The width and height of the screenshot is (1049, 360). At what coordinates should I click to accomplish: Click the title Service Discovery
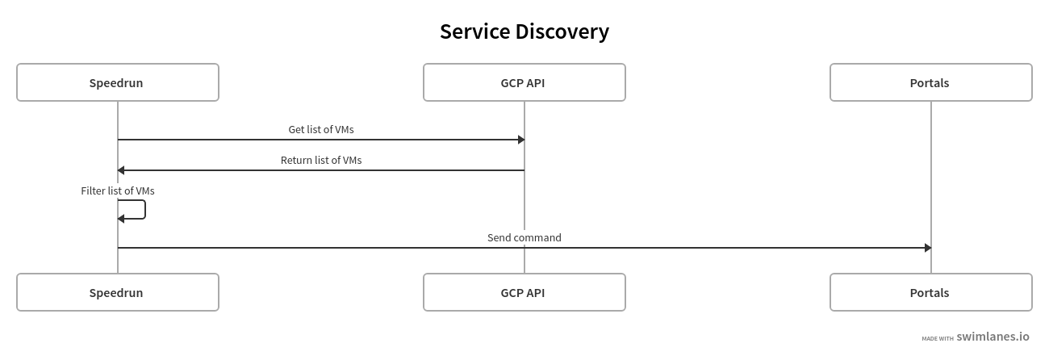tap(524, 31)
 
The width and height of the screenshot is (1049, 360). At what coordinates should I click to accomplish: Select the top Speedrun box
tap(118, 82)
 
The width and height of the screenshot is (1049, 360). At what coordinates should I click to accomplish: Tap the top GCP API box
tap(524, 82)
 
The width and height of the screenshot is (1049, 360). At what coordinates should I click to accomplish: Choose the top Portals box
tap(930, 82)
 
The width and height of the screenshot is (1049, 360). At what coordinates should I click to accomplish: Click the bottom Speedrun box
tap(118, 292)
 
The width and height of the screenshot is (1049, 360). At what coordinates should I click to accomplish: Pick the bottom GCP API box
tap(524, 292)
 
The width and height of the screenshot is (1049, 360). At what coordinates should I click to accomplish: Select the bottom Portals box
tap(930, 292)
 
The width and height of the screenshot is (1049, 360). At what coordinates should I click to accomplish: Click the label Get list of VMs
tap(321, 129)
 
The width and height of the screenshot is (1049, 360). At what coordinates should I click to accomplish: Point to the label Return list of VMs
tap(321, 160)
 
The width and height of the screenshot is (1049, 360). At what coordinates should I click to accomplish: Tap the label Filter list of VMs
tap(118, 191)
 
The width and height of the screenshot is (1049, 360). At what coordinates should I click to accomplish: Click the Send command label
tap(524, 237)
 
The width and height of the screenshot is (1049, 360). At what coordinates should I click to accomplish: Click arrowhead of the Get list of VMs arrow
tap(521, 140)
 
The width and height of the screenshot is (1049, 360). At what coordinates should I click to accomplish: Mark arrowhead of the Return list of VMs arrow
tap(121, 170)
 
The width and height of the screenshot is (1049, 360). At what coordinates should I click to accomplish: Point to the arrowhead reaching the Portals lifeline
tap(928, 248)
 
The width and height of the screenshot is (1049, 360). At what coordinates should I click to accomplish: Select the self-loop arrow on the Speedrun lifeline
tap(144, 209)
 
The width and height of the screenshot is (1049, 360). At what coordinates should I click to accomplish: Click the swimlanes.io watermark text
tap(993, 337)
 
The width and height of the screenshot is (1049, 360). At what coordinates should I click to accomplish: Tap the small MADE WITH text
tap(938, 339)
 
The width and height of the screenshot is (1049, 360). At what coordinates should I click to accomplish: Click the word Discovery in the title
tap(562, 31)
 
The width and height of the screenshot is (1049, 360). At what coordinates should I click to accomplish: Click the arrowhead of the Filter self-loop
tap(121, 219)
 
